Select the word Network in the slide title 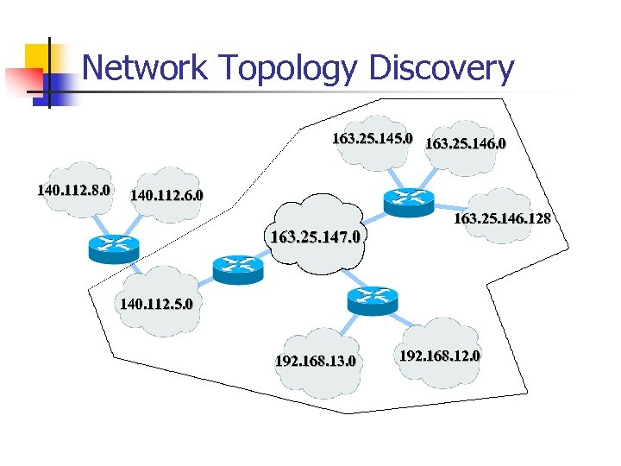coord(146,67)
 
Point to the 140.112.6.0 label coord(166,195)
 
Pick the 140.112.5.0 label coord(156,304)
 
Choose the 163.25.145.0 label coord(373,137)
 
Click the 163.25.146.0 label coord(466,141)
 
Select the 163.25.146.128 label coord(502,219)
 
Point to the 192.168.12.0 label coord(440,356)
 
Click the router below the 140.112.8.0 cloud coord(113,248)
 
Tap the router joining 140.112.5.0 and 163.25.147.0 coord(237,269)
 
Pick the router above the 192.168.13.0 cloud coord(372,299)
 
